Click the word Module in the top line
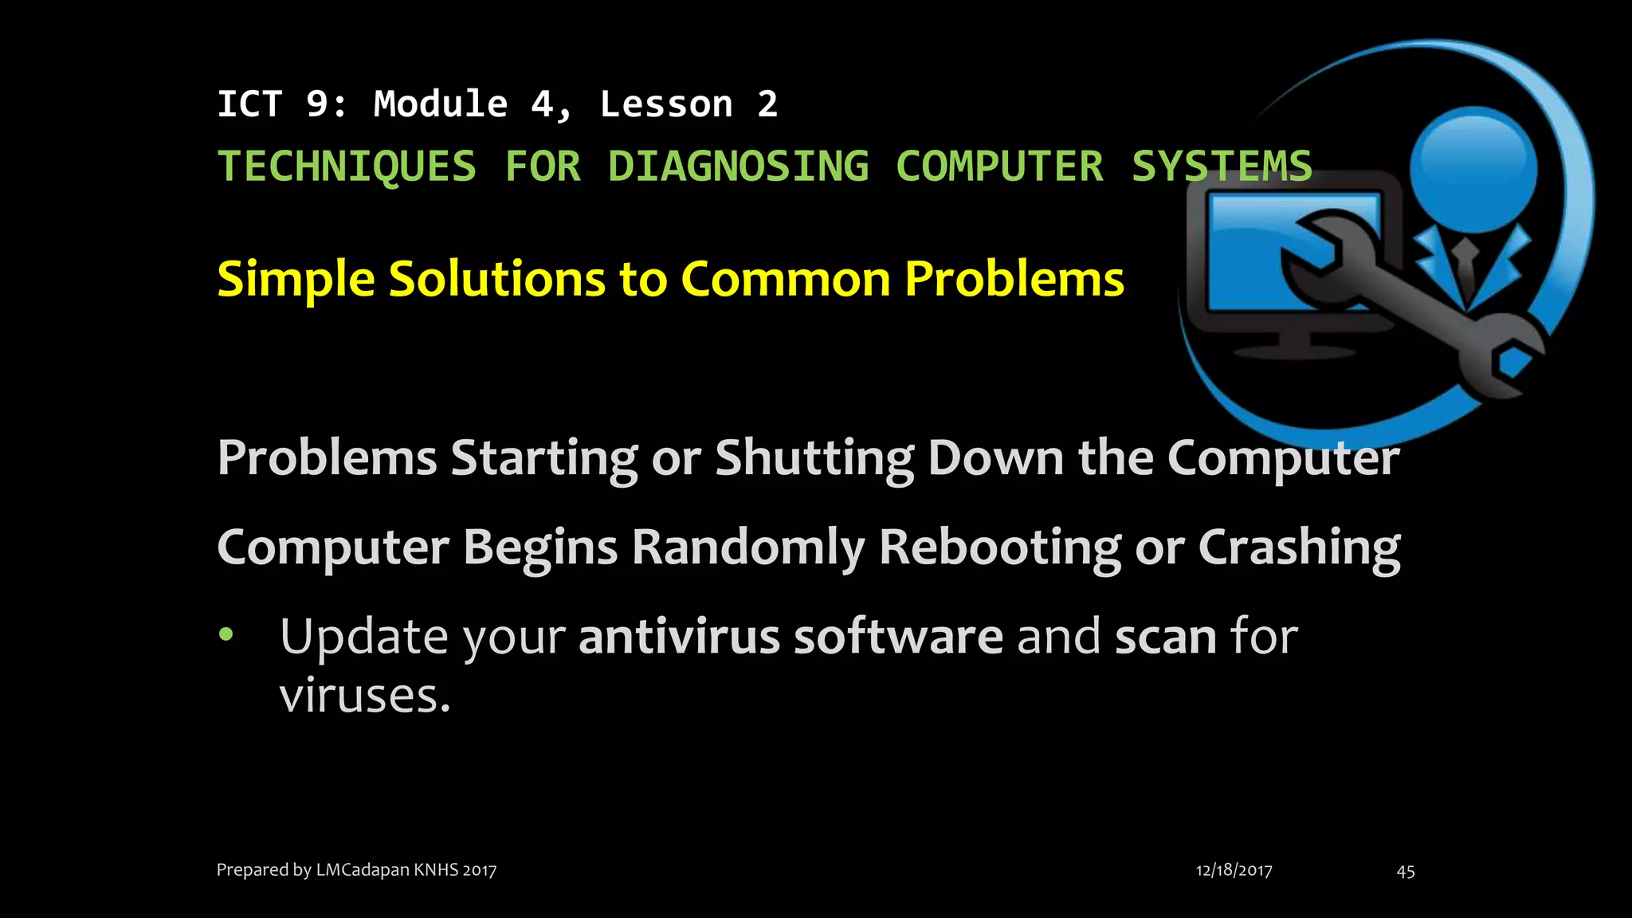pos(441,104)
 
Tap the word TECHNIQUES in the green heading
pos(347,167)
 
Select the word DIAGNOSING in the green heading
pos(738,167)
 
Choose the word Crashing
pos(1299,547)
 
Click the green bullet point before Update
pos(227,634)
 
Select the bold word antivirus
pos(679,637)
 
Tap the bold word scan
pos(1165,637)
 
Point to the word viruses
pos(364,696)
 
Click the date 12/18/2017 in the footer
pos(1234,870)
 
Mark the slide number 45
pos(1406,871)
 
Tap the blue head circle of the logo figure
pos(1473,167)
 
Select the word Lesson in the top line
pos(666,104)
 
